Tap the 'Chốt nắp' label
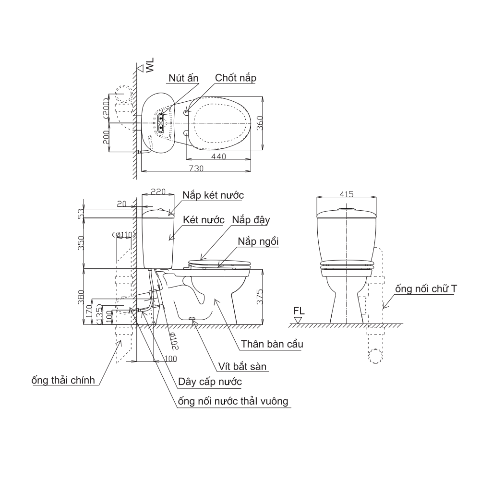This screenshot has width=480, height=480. click(236, 78)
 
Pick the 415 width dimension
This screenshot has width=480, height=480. click(346, 194)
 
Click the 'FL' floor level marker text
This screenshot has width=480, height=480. click(299, 311)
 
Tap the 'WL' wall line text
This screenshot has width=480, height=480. click(150, 65)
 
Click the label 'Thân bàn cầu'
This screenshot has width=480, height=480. click(272, 344)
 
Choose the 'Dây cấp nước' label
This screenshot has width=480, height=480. click(209, 383)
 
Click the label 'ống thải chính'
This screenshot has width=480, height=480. click(62, 381)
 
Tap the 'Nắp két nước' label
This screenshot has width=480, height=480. click(213, 196)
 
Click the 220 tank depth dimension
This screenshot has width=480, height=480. click(158, 192)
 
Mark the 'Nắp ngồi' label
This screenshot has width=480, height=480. click(258, 240)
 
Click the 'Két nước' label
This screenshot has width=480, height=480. click(204, 220)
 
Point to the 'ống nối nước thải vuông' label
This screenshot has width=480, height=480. click(233, 401)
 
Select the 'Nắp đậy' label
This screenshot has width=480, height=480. click(252, 220)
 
